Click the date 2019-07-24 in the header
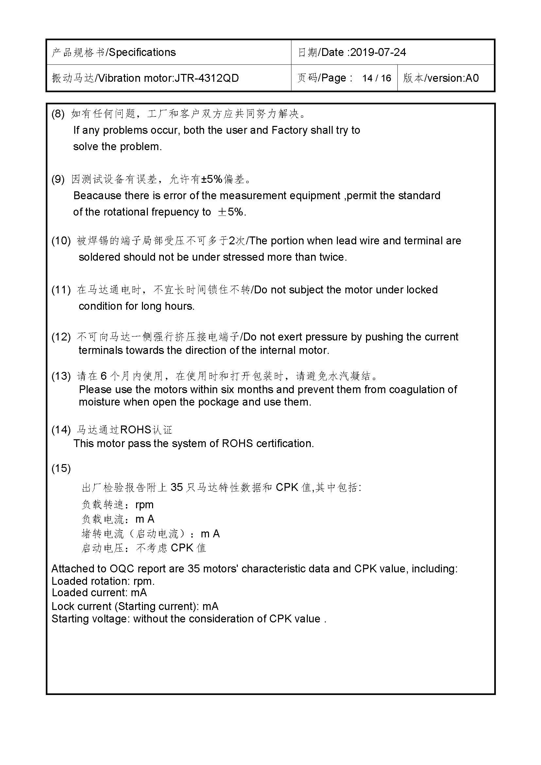tap(378, 52)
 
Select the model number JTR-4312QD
tap(206, 78)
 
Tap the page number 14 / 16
tap(376, 78)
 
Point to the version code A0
tap(472, 78)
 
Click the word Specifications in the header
tap(142, 52)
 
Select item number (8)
tap(58, 114)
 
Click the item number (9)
tap(58, 179)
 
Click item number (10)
tap(61, 241)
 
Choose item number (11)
tap(61, 289)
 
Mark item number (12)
tap(61, 337)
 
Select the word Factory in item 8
tap(289, 130)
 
